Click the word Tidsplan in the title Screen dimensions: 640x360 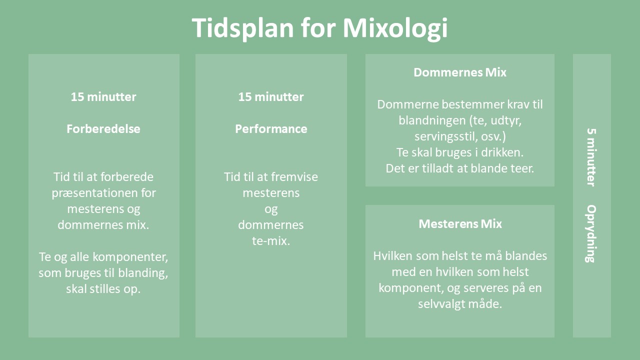pos(243,28)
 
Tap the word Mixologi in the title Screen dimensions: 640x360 pos(395,28)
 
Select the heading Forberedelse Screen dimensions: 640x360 pos(103,129)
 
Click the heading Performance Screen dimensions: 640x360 pos(271,129)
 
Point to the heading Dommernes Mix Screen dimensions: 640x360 pos(460,72)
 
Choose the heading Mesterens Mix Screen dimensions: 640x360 pos(460,224)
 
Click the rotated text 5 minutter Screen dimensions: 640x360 pos(591,157)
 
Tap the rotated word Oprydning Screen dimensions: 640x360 pos(591,233)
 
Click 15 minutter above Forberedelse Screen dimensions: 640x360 pos(103,97)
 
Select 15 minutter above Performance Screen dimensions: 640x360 pos(271,97)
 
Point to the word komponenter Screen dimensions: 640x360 pos(130,257)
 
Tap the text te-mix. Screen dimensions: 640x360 pos(271,241)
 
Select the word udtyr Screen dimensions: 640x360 pos(506,120)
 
